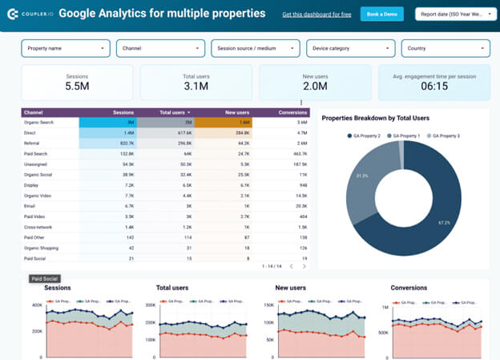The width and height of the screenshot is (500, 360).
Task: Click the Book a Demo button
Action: [x=382, y=14]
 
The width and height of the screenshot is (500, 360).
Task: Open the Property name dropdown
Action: [x=65, y=48]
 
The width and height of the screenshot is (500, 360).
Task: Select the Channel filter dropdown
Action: [x=160, y=48]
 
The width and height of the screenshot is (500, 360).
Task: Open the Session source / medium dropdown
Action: [x=256, y=48]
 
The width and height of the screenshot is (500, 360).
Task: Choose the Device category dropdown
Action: [x=350, y=48]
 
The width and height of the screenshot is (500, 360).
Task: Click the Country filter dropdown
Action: [x=446, y=48]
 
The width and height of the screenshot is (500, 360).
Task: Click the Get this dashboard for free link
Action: [x=316, y=15]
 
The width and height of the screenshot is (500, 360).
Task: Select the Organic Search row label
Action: [x=39, y=123]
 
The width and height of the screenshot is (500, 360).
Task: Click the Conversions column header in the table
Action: [x=292, y=112]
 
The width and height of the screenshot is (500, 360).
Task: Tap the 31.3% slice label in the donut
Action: [x=361, y=176]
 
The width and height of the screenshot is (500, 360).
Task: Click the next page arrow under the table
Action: [x=304, y=266]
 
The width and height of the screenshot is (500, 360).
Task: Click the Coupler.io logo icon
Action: [x=12, y=14]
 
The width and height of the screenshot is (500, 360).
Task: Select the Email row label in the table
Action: [x=30, y=205]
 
